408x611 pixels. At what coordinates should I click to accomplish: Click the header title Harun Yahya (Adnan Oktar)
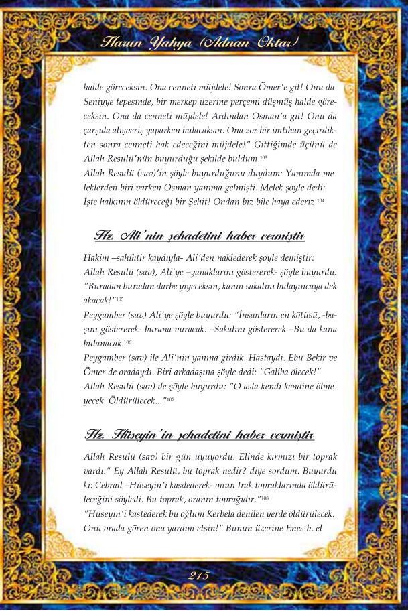click(x=200, y=45)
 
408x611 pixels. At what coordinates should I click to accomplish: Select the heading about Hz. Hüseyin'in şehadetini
click(x=200, y=435)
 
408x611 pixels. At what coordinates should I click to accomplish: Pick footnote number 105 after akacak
click(x=119, y=299)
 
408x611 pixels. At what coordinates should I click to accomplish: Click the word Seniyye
click(x=101, y=100)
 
